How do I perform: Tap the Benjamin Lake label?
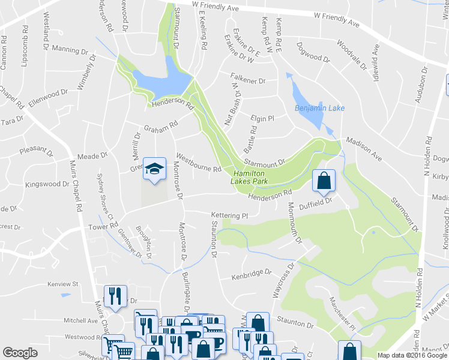click(x=319, y=109)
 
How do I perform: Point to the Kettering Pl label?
click(x=229, y=215)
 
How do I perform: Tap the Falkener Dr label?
click(x=248, y=76)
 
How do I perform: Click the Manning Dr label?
click(x=70, y=49)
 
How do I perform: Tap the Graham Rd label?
click(x=161, y=127)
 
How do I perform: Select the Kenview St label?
click(x=64, y=284)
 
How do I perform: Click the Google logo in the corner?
click(x=20, y=353)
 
